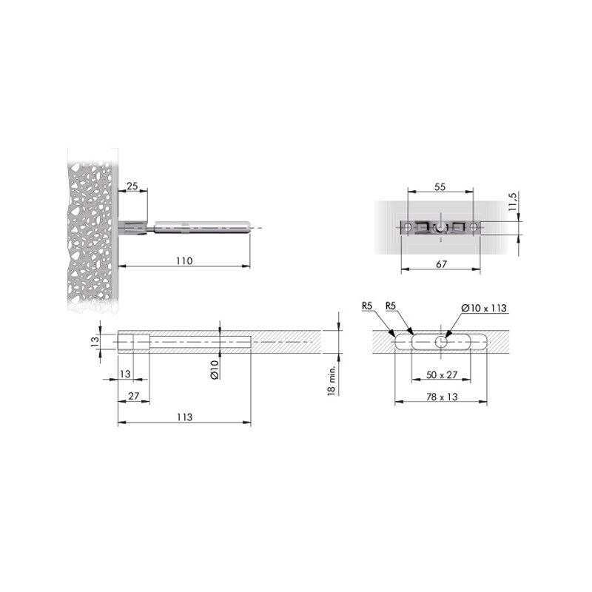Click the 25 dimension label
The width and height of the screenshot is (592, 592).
pyautogui.click(x=132, y=186)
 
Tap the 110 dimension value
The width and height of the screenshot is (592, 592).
pyautogui.click(x=184, y=261)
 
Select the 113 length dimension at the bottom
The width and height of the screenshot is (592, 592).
pyautogui.click(x=184, y=417)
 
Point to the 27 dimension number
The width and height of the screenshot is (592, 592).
pyautogui.click(x=134, y=396)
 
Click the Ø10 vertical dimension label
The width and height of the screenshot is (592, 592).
pyautogui.click(x=215, y=369)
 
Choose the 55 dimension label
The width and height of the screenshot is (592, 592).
pyautogui.click(x=440, y=187)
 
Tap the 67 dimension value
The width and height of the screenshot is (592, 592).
pyautogui.click(x=441, y=264)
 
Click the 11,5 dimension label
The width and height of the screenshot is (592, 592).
pyautogui.click(x=512, y=201)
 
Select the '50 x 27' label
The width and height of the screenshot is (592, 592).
pyautogui.click(x=442, y=375)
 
